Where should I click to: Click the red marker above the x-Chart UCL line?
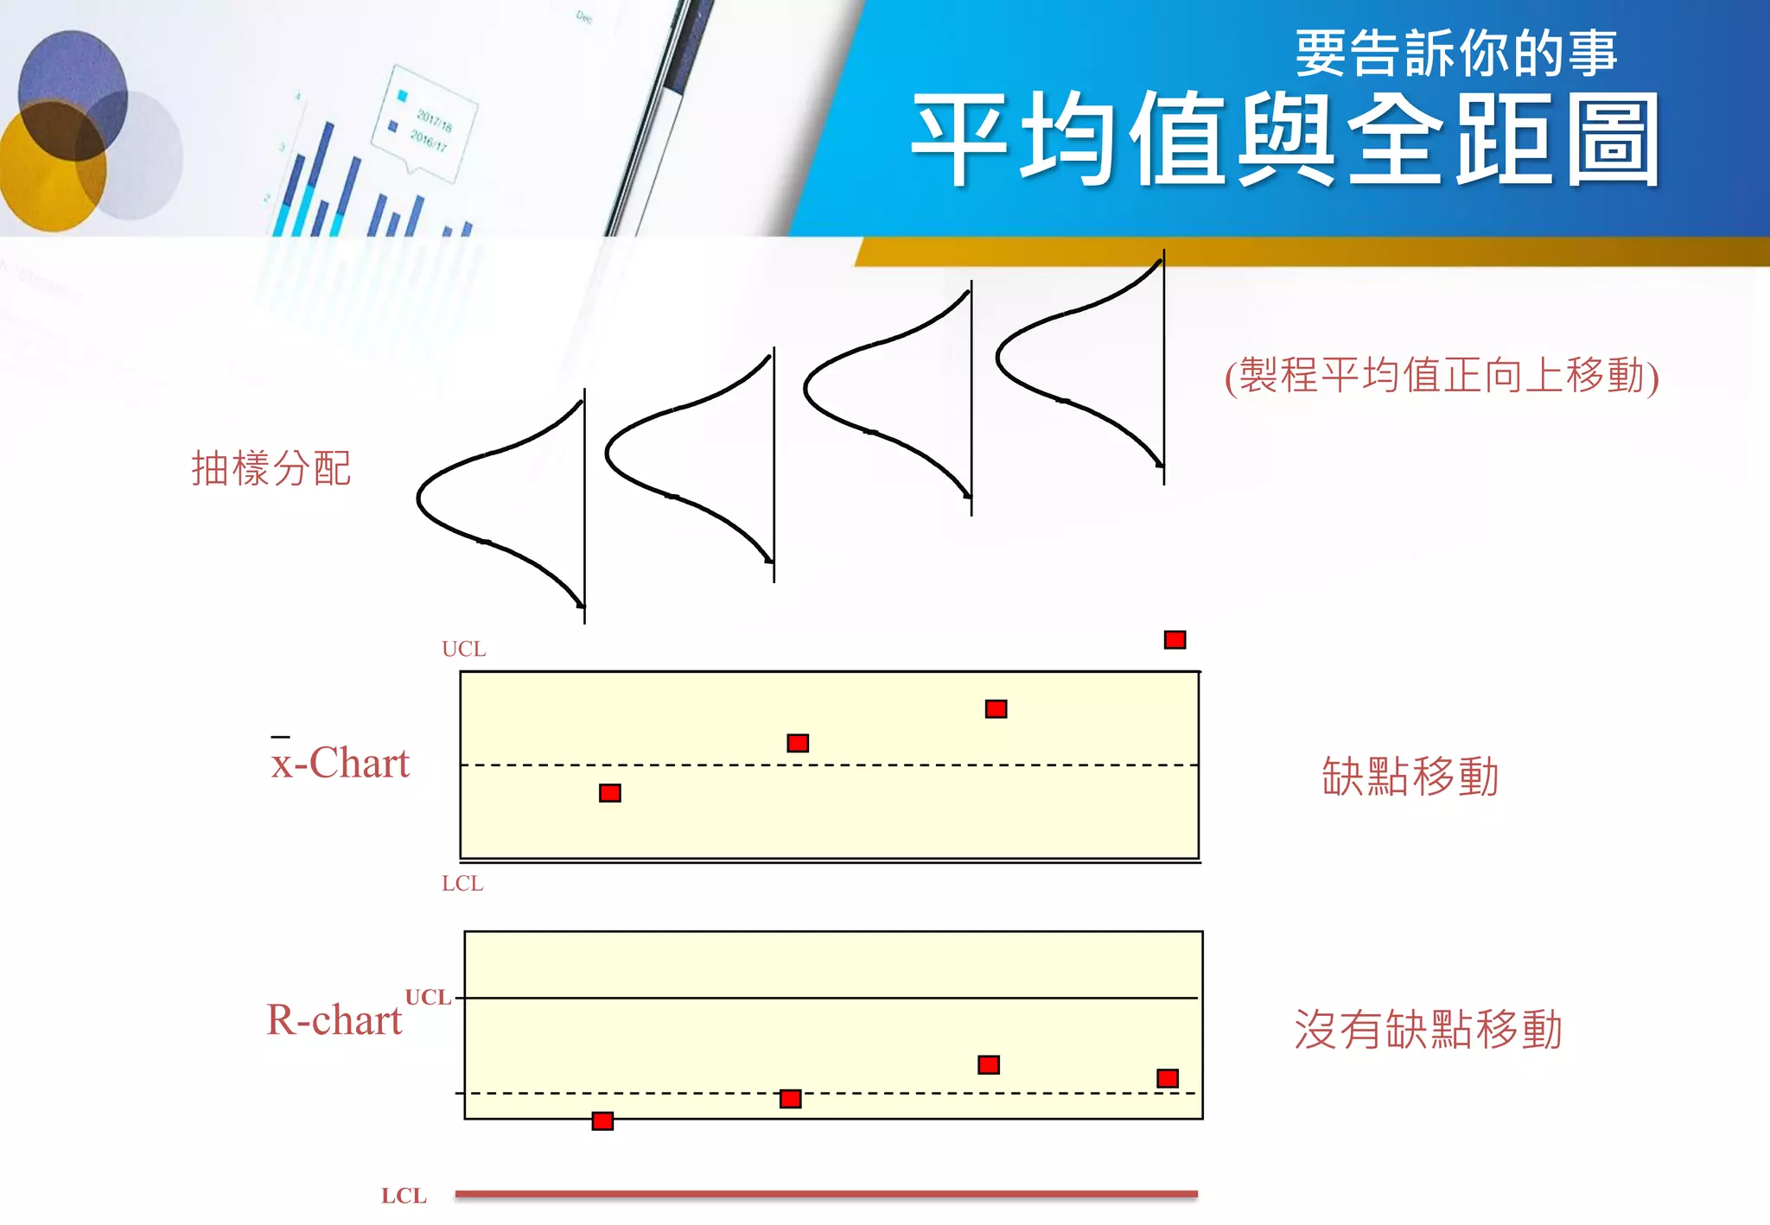pyautogui.click(x=1175, y=640)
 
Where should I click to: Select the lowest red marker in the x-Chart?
pyautogui.click(x=610, y=793)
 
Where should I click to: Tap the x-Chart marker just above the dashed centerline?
pyautogui.click(x=798, y=743)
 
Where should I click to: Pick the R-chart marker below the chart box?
pyautogui.click(x=602, y=1121)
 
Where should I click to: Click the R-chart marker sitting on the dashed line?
pyautogui.click(x=790, y=1099)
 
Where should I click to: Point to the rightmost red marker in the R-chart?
pyautogui.click(x=1168, y=1078)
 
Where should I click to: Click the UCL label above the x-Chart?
pyautogui.click(x=464, y=649)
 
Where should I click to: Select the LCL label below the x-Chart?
pyautogui.click(x=462, y=883)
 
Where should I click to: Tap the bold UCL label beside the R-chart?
pyautogui.click(x=428, y=997)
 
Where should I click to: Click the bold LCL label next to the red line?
pyautogui.click(x=404, y=1196)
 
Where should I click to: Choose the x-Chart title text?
pyautogui.click(x=341, y=763)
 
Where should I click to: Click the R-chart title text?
pyautogui.click(x=334, y=1020)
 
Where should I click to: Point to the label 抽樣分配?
pyautogui.click(x=271, y=469)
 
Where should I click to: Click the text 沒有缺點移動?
pyautogui.click(x=1428, y=1030)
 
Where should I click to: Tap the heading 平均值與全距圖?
pyautogui.click(x=1285, y=140)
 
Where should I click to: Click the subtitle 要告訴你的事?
pyautogui.click(x=1455, y=54)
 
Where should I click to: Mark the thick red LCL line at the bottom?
pyautogui.click(x=826, y=1194)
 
